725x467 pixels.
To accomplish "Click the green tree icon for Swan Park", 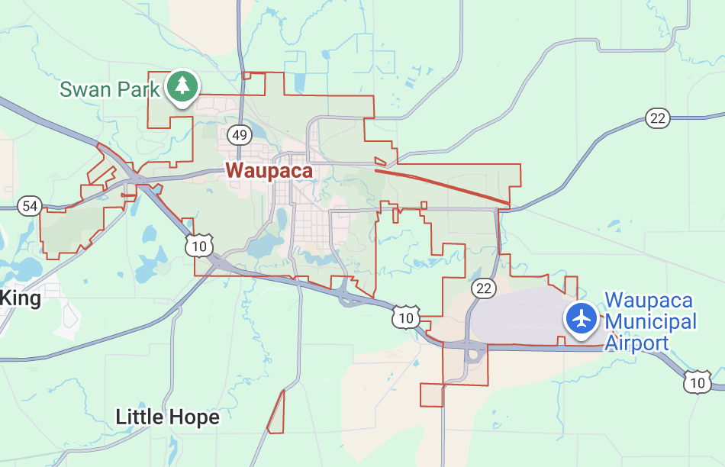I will point(182,86).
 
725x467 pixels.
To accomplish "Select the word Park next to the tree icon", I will point(139,89).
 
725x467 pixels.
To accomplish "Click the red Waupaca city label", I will point(269,170).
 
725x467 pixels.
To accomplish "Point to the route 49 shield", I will point(240,135).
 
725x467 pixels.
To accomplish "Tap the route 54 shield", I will point(30,205).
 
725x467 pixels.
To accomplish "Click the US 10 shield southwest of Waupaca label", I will point(198,246).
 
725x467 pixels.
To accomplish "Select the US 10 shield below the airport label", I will point(697,382).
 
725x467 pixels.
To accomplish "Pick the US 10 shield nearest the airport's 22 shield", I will point(405,317).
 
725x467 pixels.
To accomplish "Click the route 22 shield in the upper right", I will point(657,118).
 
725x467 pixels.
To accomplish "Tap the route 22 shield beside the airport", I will point(483,288).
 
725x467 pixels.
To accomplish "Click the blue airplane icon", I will point(582,318).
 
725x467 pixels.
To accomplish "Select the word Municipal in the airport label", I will point(650,321).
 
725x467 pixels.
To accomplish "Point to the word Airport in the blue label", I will point(636,343).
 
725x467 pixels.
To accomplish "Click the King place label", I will point(21,298).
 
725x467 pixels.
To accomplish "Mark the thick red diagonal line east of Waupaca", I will point(443,185).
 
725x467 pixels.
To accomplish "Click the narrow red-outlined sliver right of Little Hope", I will point(276,412).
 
